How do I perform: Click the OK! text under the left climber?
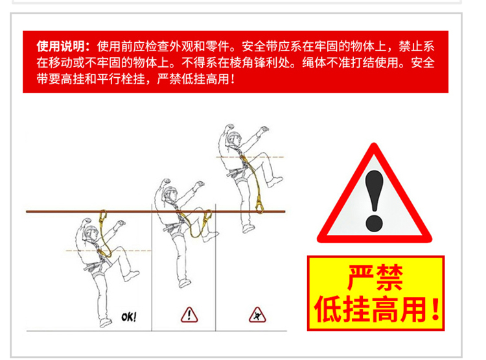[129, 317]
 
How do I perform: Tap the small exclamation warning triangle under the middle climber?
[189, 315]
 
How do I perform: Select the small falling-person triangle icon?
[257, 315]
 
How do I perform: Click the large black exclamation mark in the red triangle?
[375, 200]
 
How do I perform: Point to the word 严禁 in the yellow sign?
[375, 277]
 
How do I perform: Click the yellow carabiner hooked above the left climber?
[102, 217]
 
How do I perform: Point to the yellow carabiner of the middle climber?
[207, 216]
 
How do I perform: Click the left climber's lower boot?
[106, 322]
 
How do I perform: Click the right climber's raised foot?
[275, 182]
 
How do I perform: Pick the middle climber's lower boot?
[185, 283]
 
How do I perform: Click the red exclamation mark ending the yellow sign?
[436, 309]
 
